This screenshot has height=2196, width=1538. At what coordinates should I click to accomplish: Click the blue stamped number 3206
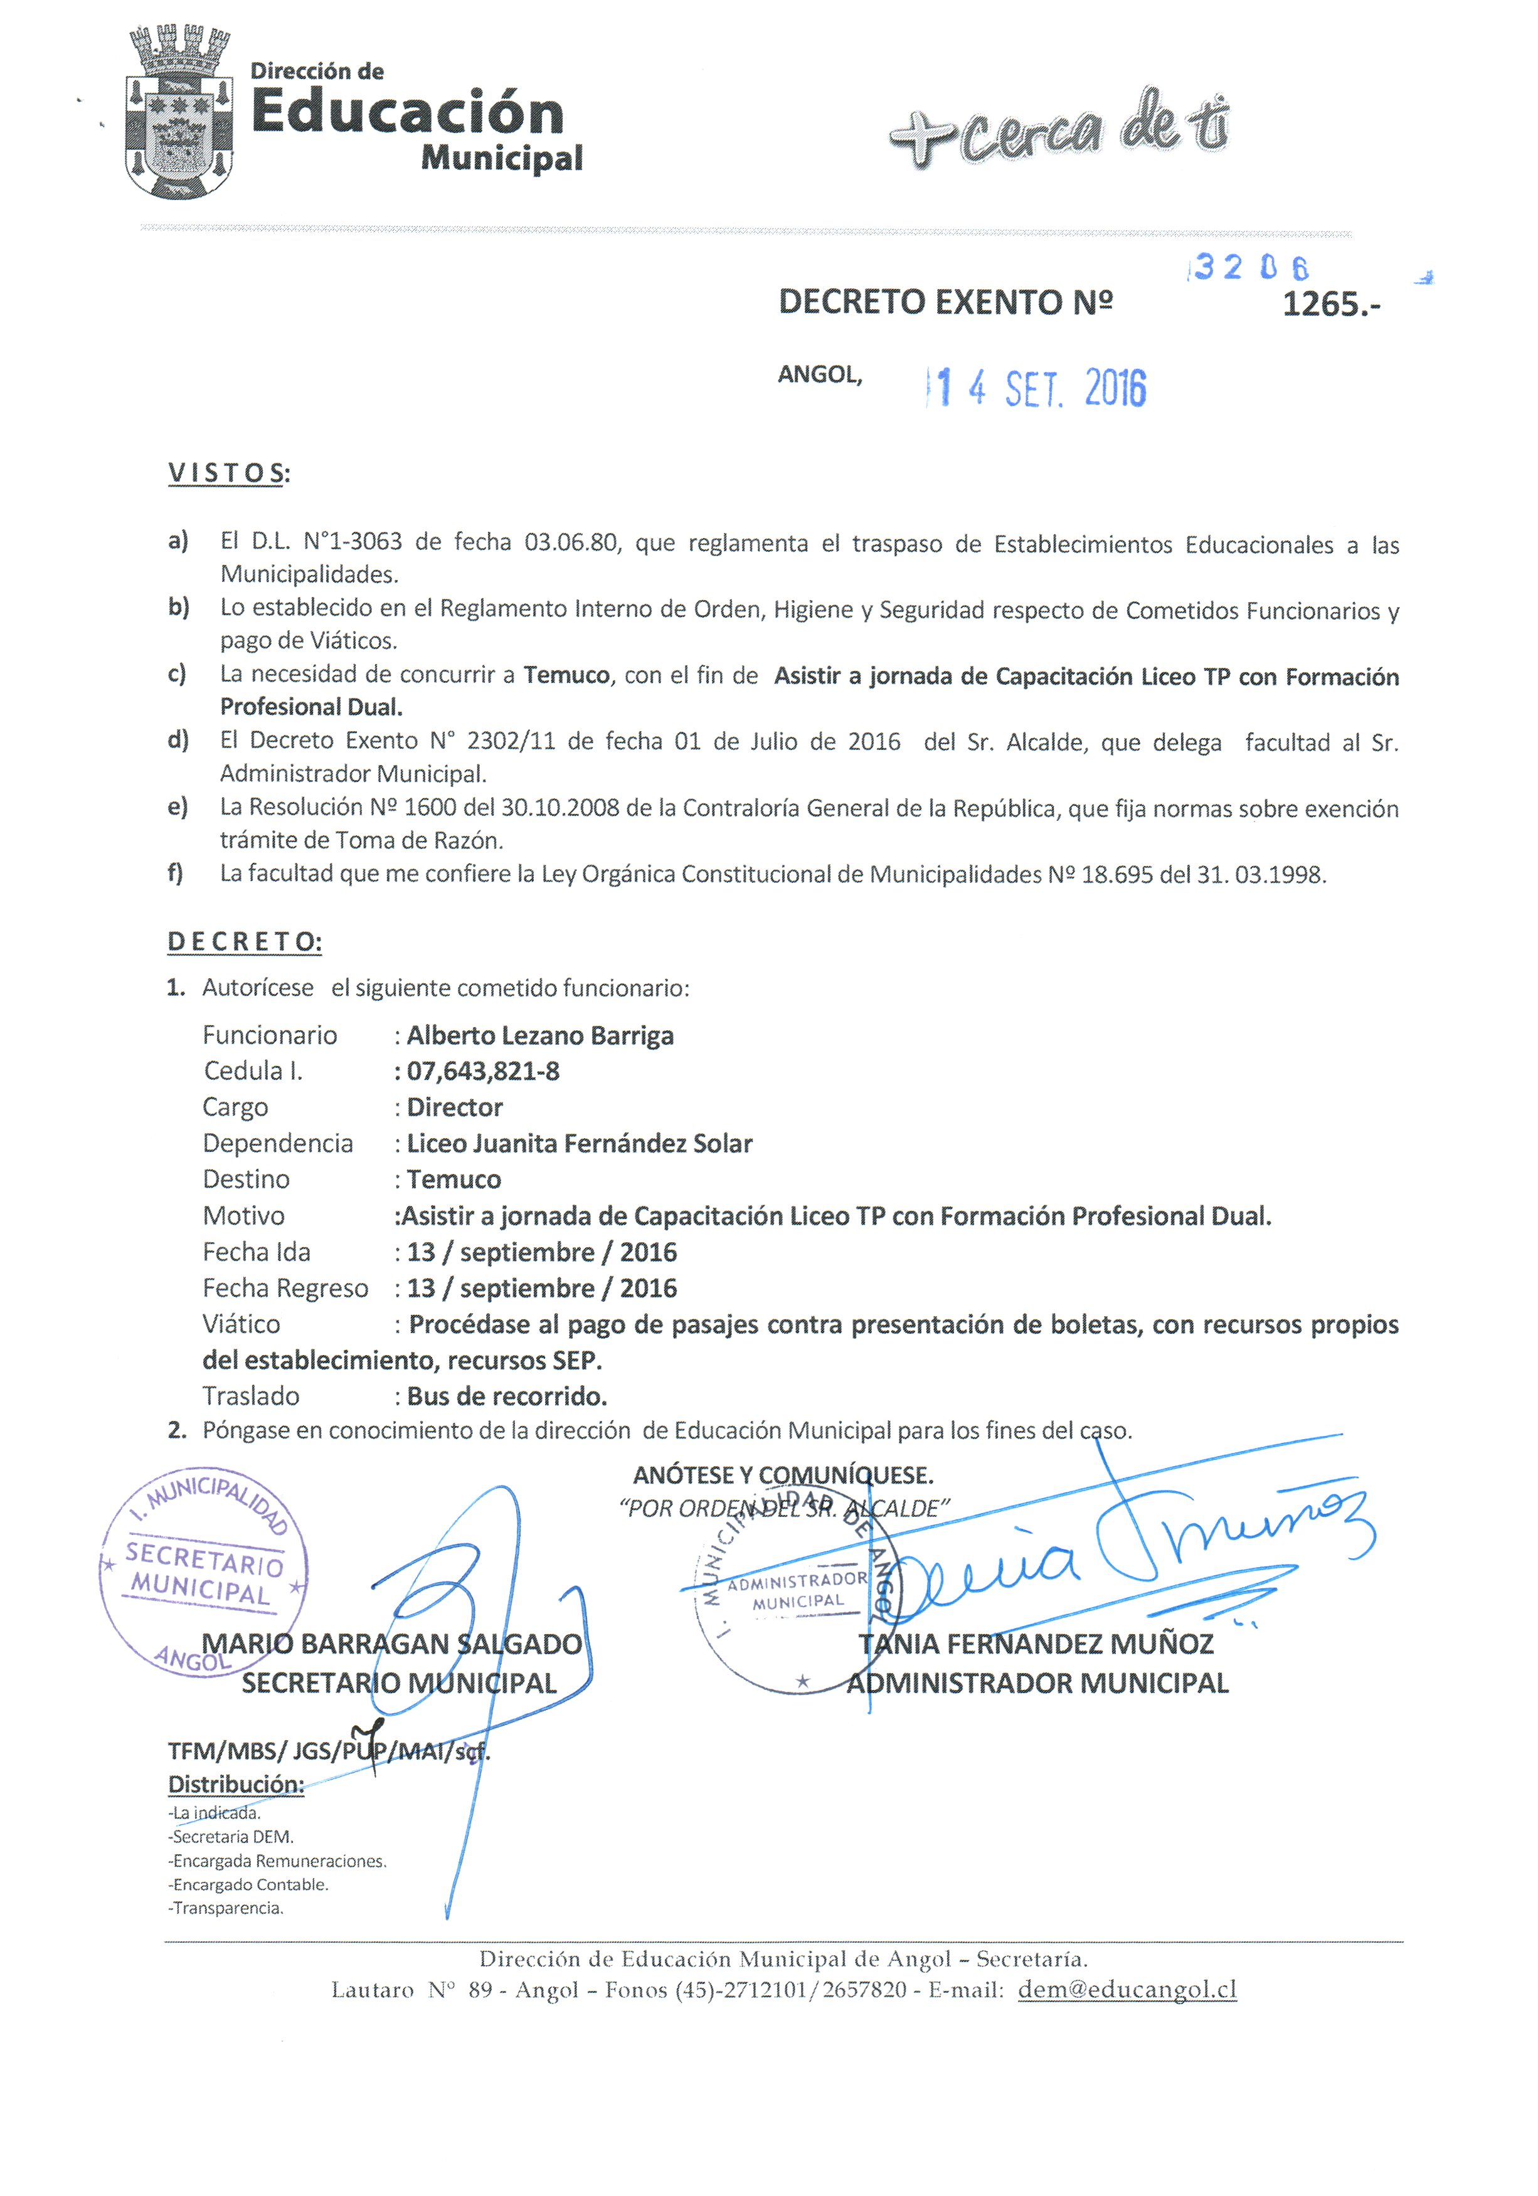[1249, 267]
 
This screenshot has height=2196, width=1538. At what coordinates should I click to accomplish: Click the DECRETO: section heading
[244, 941]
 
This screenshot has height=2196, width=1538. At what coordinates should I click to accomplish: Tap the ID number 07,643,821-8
[482, 1070]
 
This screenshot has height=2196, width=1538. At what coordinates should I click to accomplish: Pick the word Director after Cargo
[454, 1107]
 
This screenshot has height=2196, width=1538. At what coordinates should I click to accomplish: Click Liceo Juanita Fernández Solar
[579, 1143]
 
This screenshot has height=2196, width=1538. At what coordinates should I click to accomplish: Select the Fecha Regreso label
[285, 1289]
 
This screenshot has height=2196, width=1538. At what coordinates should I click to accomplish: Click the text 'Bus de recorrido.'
[507, 1396]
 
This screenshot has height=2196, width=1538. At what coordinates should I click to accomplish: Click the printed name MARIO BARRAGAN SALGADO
[391, 1644]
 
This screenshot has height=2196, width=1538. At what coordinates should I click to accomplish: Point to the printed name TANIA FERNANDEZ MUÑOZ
[1035, 1644]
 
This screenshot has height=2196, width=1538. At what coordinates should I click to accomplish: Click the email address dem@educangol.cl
[1127, 1990]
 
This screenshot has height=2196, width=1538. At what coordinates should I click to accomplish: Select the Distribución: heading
[235, 1784]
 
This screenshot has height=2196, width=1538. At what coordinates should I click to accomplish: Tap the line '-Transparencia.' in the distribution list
[226, 1908]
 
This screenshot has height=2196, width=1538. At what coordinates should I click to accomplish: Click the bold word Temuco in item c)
[566, 675]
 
